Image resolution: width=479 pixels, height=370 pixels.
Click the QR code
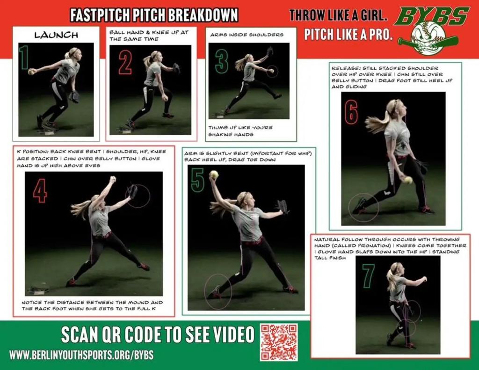coord(279,342)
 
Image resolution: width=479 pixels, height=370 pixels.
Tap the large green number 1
coord(25,57)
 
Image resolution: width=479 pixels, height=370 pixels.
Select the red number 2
coord(125,63)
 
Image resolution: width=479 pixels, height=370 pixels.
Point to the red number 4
coord(40,191)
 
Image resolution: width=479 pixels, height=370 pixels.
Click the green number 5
coord(197,180)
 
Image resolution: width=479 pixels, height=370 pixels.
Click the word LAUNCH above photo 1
coord(56,35)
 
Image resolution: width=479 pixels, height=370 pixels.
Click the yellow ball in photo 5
coord(213,174)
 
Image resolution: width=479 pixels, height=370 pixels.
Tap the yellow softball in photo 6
coord(408,180)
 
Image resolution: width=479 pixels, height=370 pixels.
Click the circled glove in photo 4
coord(133,192)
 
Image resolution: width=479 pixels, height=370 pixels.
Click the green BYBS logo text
coord(431,16)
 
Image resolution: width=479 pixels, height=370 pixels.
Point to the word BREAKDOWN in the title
coord(203,15)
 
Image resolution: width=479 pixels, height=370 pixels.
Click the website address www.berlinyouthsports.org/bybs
coord(81,355)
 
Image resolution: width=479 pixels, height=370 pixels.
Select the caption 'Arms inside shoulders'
coord(247,35)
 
